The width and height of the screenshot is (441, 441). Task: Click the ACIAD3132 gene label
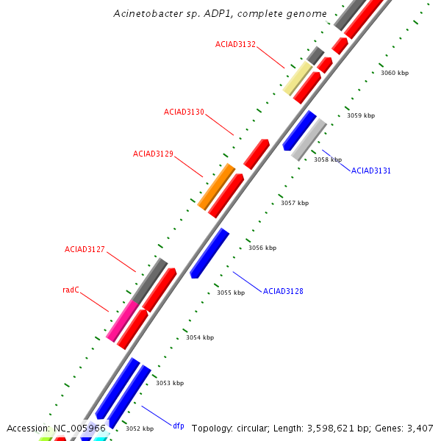coord(235,44)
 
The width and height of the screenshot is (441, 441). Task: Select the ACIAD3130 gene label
coord(184,112)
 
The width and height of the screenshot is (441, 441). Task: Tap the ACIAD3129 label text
coord(153,154)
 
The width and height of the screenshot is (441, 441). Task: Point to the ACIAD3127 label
coord(85,249)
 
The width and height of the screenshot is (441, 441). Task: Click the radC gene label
coord(71,290)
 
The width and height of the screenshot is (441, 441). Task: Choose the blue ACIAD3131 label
coord(371,171)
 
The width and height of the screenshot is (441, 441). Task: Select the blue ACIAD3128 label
coord(283,291)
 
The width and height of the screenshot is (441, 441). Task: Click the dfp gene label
coord(179,426)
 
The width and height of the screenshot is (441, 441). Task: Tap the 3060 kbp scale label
coord(394,73)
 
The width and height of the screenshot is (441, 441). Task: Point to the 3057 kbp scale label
coord(295,203)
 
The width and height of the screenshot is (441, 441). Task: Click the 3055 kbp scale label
coord(231,293)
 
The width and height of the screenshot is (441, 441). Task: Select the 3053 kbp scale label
coord(170,383)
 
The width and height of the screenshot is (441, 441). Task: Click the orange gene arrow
coord(216,187)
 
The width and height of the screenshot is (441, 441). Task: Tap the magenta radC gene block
coord(122,320)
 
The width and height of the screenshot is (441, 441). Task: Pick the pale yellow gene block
coord(298,78)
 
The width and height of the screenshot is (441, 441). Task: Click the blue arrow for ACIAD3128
coord(209,253)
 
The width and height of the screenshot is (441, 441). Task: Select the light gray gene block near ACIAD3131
coord(309,139)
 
